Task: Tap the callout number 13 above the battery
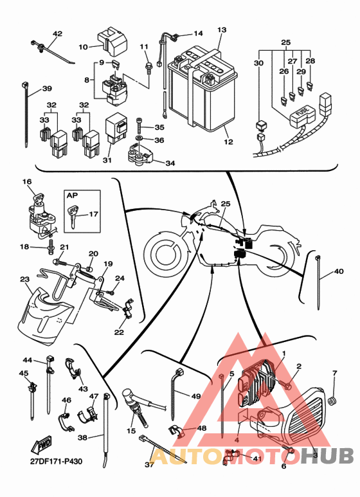coord(222,30)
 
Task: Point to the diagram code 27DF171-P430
coord(56,461)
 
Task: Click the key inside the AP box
coord(73,215)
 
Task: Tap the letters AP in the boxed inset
coord(72,195)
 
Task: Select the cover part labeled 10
coord(112,41)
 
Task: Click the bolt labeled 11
coord(148,68)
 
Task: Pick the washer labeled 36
coord(138,140)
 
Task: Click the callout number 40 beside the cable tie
coord(339,271)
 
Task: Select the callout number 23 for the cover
coord(24,279)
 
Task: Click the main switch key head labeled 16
coord(38,199)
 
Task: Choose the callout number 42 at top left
coord(57,33)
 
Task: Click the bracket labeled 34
coord(139,155)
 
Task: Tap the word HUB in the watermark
coord(327,456)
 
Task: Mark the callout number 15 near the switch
coord(131,431)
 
